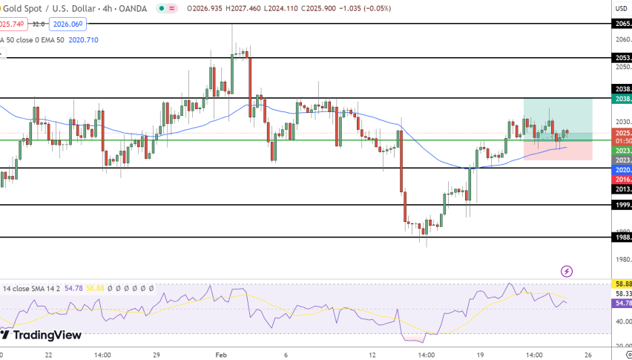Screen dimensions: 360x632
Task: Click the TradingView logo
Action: [x=42, y=335]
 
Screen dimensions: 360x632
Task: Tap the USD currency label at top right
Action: [x=621, y=8]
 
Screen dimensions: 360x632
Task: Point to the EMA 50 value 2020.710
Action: [x=83, y=39]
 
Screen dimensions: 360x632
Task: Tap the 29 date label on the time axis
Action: [x=157, y=355]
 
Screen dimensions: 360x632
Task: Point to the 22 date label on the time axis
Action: [x=48, y=355]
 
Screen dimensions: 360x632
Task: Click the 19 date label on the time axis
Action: [x=480, y=355]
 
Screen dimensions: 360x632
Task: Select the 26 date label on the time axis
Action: [x=587, y=355]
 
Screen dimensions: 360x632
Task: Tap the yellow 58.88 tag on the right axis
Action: [x=622, y=284]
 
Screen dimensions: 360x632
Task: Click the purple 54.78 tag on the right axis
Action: [x=622, y=304]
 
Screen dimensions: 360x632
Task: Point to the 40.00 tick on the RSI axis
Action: [x=622, y=321]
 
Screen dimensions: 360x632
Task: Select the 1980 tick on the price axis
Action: [x=622, y=258]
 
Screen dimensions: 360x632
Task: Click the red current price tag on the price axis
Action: [x=622, y=133]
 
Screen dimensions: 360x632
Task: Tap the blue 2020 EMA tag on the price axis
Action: [x=622, y=170]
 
